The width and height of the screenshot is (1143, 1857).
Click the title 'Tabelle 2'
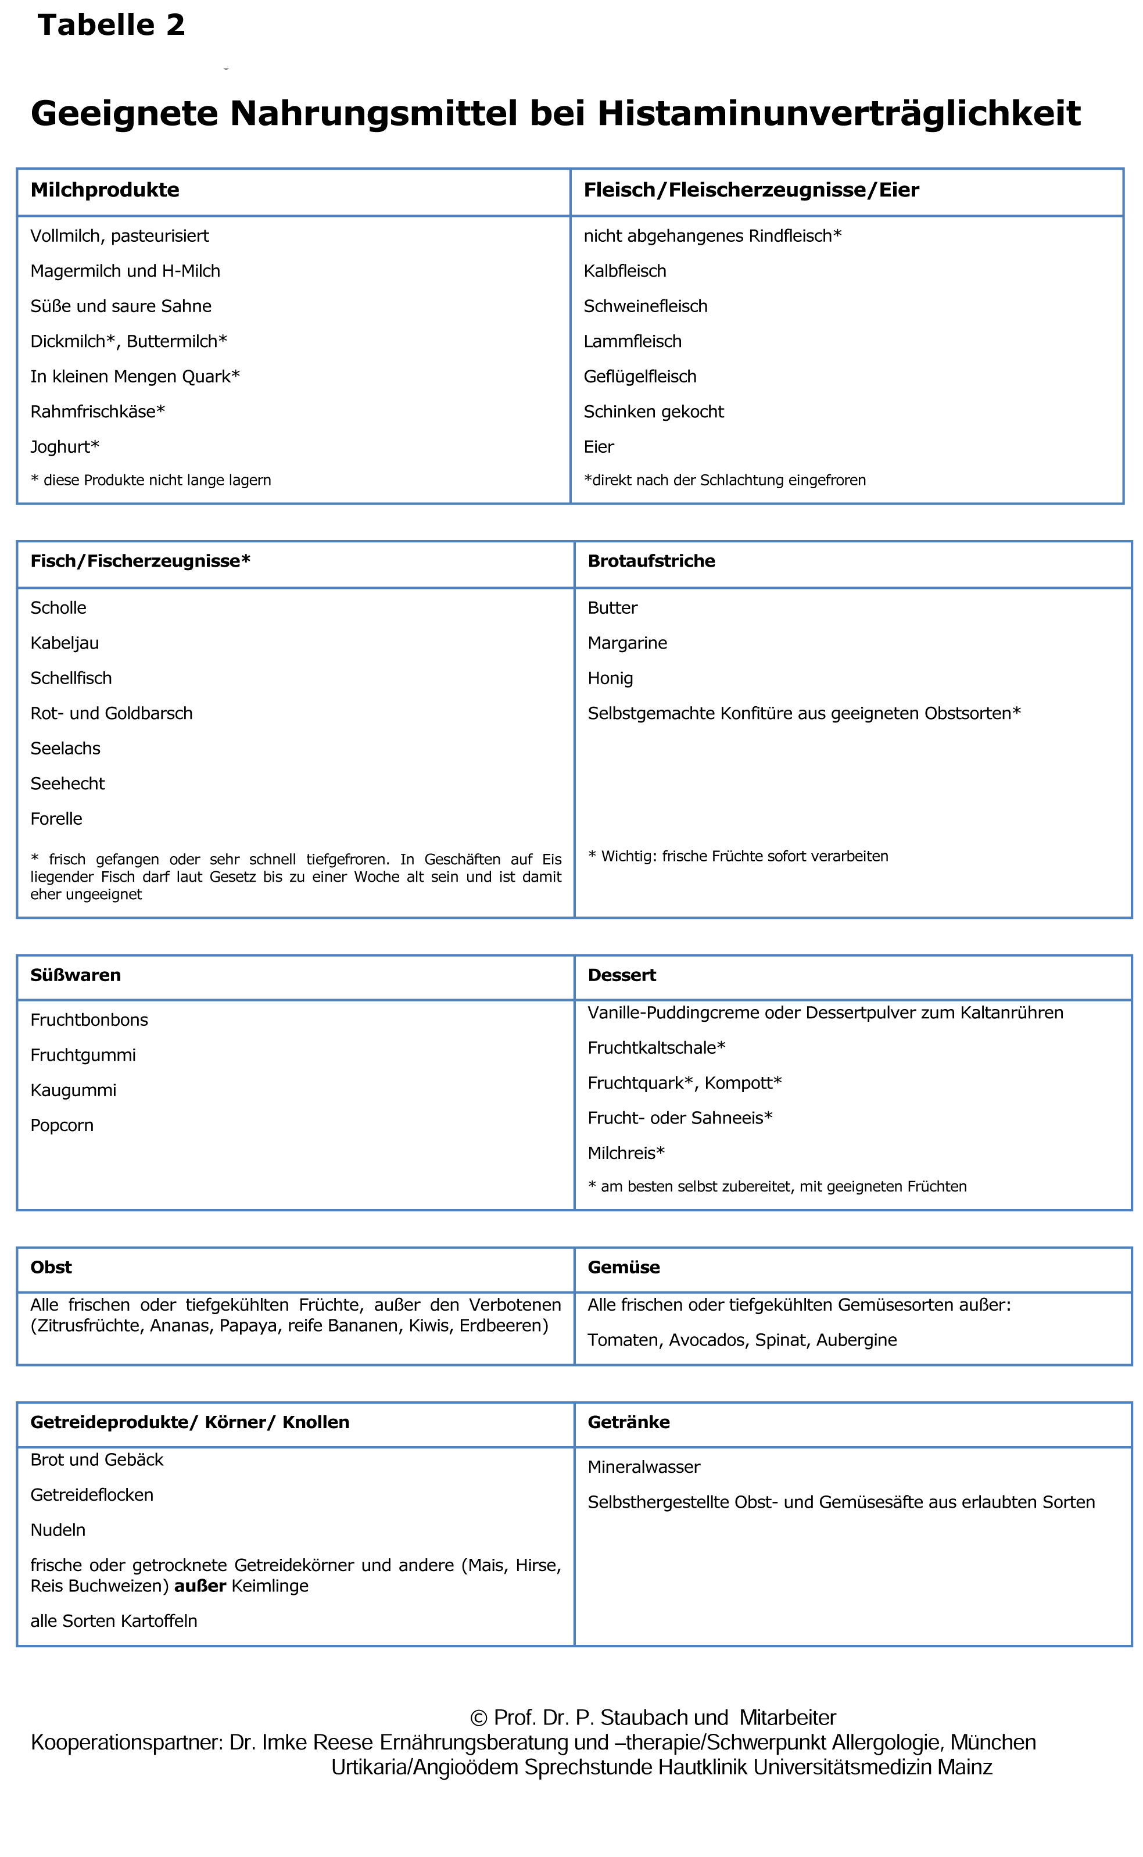coord(111,25)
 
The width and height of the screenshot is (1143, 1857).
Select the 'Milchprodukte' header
coord(105,190)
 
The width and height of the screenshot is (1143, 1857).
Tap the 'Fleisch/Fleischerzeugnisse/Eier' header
coord(751,190)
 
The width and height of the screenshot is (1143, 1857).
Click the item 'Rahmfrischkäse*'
coord(98,412)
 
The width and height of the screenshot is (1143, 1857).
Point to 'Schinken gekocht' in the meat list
coord(653,412)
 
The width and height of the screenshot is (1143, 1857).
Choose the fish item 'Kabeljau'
coord(65,643)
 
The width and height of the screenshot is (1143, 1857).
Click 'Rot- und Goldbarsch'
coord(111,713)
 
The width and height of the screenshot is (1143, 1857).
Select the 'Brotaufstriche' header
coord(651,561)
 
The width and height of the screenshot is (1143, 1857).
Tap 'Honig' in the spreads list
coord(610,678)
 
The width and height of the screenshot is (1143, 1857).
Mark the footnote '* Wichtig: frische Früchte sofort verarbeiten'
coord(738,856)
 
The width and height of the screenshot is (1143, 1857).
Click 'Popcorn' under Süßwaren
coord(62,1125)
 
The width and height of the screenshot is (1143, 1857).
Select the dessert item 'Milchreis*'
coord(626,1153)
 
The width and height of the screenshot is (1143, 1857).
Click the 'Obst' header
coord(51,1267)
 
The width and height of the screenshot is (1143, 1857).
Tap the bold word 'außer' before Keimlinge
coord(200,1586)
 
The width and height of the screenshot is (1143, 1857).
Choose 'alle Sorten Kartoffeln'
coord(113,1621)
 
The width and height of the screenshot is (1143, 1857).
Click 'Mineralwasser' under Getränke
coord(643,1467)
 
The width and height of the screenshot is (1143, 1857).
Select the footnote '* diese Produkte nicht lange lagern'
coord(151,480)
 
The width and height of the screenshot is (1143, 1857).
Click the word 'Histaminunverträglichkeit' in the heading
coord(839,113)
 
